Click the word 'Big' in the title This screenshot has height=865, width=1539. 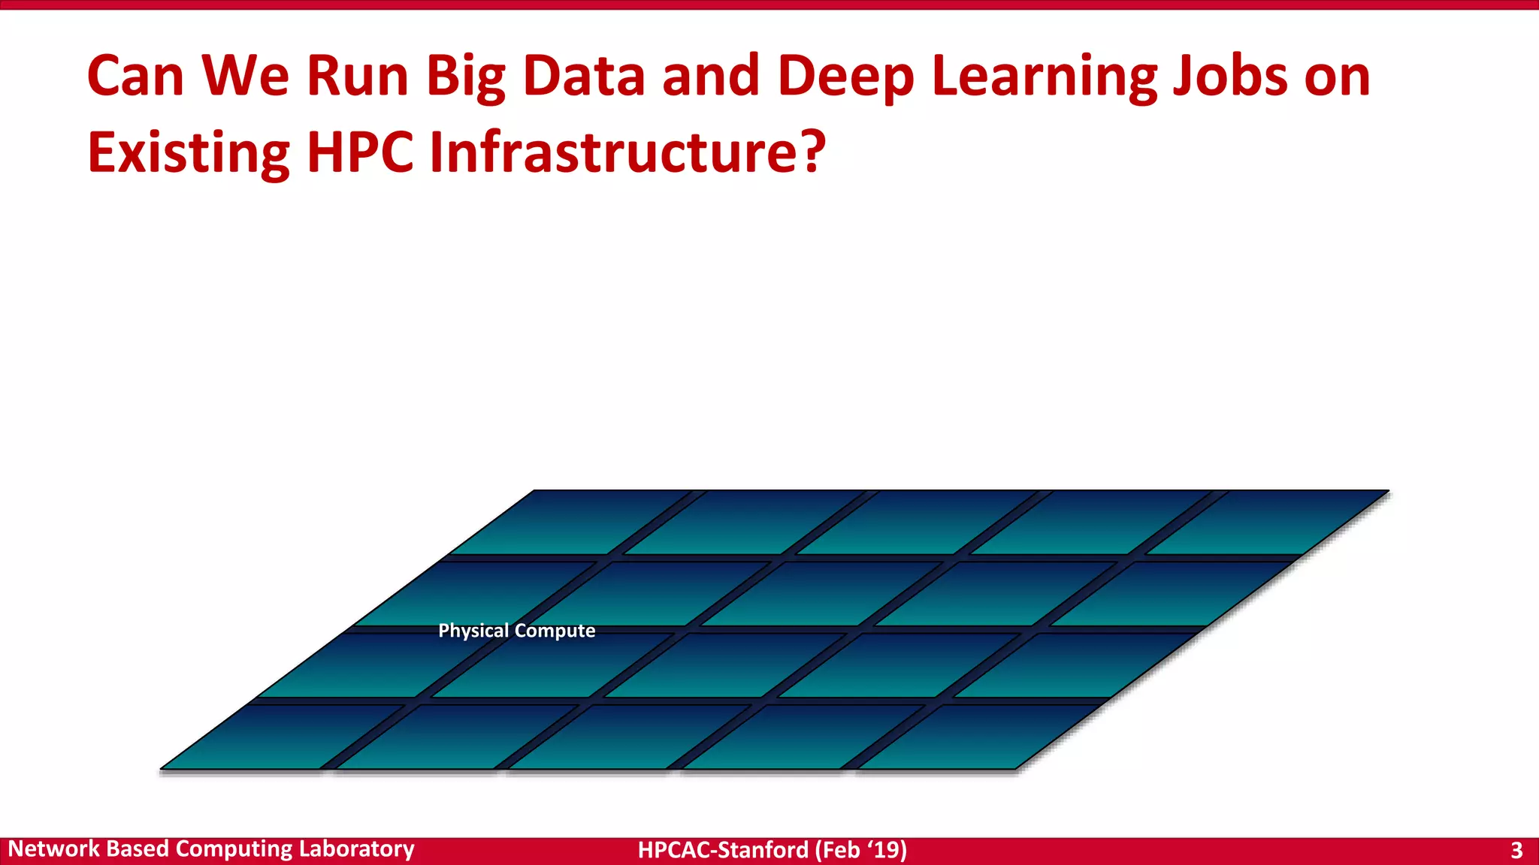[466, 77]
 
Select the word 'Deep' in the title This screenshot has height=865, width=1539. [845, 77]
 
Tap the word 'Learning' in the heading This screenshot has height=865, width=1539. [1044, 77]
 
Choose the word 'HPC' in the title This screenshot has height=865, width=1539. [360, 152]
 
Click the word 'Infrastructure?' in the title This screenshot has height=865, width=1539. [627, 152]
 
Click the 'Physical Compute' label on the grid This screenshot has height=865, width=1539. [516, 631]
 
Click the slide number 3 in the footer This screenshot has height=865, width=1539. [1516, 850]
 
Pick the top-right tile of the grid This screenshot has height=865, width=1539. [1270, 523]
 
